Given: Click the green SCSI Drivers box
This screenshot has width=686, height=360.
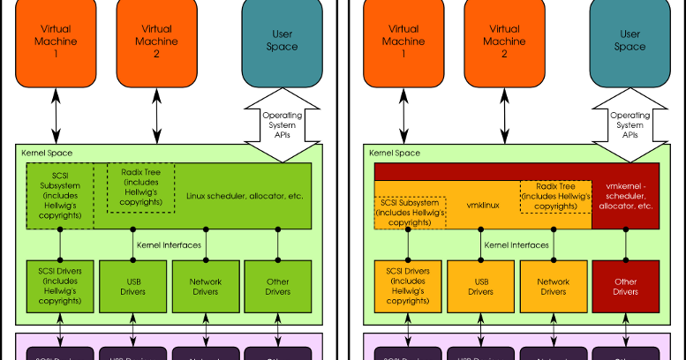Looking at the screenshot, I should click(60, 284).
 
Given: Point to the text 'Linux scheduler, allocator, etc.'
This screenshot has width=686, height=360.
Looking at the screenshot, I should click(245, 195).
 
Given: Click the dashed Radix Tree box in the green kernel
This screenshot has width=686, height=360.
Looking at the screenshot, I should click(140, 188).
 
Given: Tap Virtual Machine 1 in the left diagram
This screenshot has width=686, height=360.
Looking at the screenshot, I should click(60, 42).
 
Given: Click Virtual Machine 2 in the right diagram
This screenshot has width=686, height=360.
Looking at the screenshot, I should click(503, 42).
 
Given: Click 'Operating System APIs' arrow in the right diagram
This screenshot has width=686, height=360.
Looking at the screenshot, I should click(629, 124).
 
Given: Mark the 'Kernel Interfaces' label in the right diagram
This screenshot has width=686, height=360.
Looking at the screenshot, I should click(516, 242).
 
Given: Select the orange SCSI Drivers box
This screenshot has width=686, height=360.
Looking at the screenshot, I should click(408, 284).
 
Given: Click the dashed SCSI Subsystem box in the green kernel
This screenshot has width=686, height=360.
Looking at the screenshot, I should click(60, 195).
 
